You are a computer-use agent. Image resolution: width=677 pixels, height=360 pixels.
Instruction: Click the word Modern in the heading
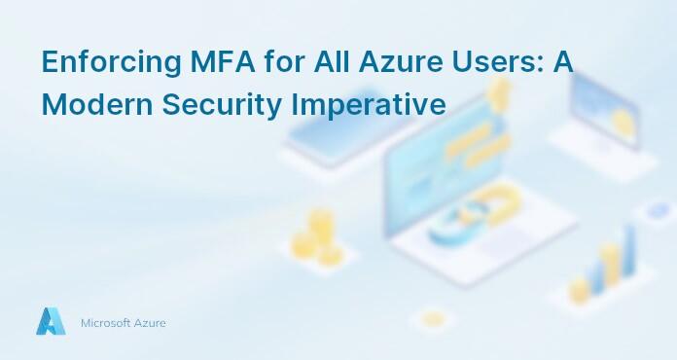(86, 102)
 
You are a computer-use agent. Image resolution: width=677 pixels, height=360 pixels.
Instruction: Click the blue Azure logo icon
(50, 322)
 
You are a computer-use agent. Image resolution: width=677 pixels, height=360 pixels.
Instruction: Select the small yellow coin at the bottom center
(433, 319)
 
